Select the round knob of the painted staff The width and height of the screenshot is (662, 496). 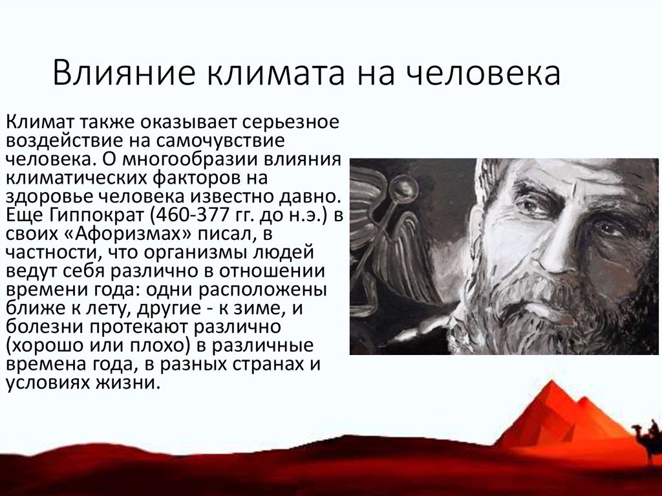point(405,188)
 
